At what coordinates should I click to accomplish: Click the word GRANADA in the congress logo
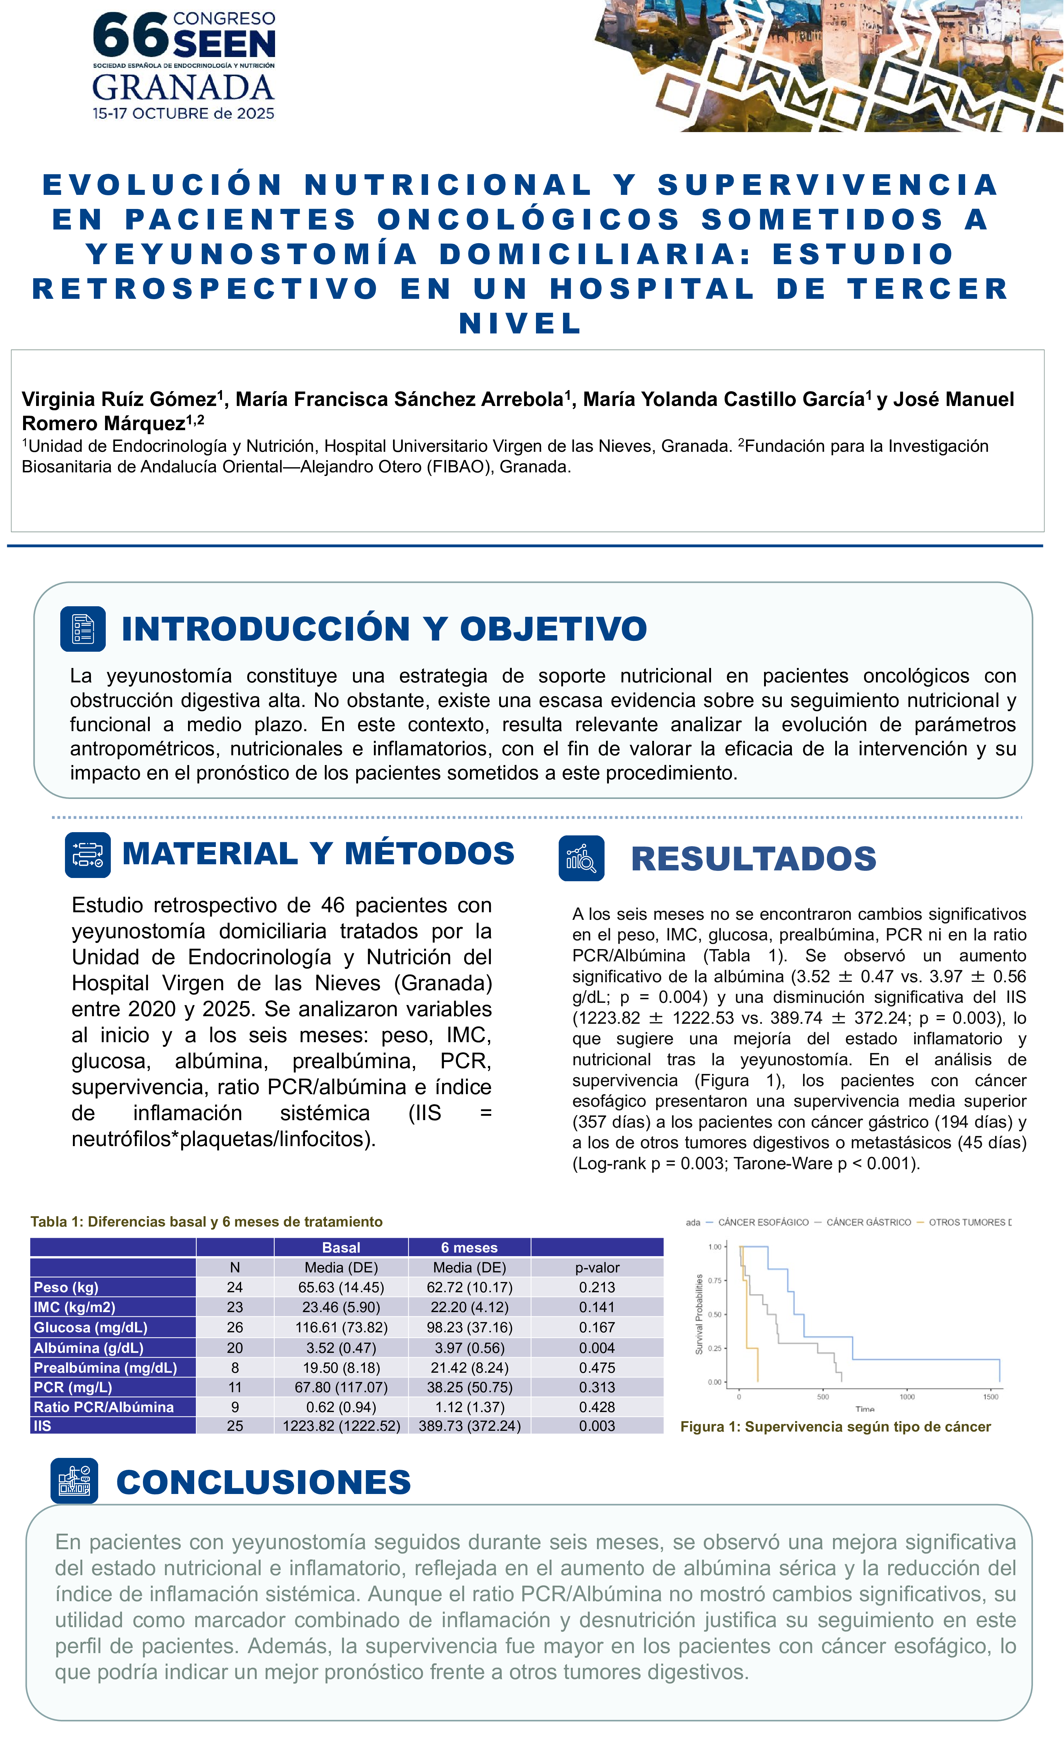183,88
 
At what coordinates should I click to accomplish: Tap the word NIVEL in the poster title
520,323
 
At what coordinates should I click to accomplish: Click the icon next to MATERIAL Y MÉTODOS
88,855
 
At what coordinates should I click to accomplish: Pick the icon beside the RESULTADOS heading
581,858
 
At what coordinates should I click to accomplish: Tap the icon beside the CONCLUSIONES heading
74,1481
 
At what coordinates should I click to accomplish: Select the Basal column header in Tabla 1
341,1247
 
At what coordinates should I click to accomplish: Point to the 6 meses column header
470,1247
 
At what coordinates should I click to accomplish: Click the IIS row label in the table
42,1426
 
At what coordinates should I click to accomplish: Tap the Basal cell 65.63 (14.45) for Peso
341,1287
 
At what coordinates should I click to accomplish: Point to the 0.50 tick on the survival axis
715,1314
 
